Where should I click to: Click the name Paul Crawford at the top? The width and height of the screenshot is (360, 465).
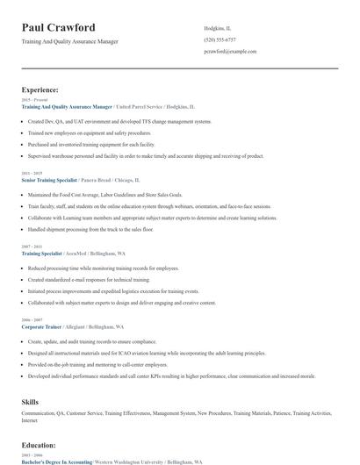tap(59, 27)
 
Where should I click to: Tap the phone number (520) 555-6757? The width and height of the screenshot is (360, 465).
tap(220, 39)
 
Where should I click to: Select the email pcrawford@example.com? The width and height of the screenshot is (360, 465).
tap(230, 52)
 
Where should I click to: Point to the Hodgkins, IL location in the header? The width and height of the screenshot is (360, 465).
tap(218, 28)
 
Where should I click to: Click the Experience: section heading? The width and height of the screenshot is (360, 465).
tap(40, 89)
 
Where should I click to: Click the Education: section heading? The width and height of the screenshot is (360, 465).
tap(40, 445)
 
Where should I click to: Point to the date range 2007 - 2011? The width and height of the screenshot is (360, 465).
tap(31, 247)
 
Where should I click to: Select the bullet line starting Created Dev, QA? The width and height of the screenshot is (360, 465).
tap(119, 121)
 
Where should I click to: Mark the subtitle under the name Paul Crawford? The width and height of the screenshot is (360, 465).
tap(69, 41)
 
